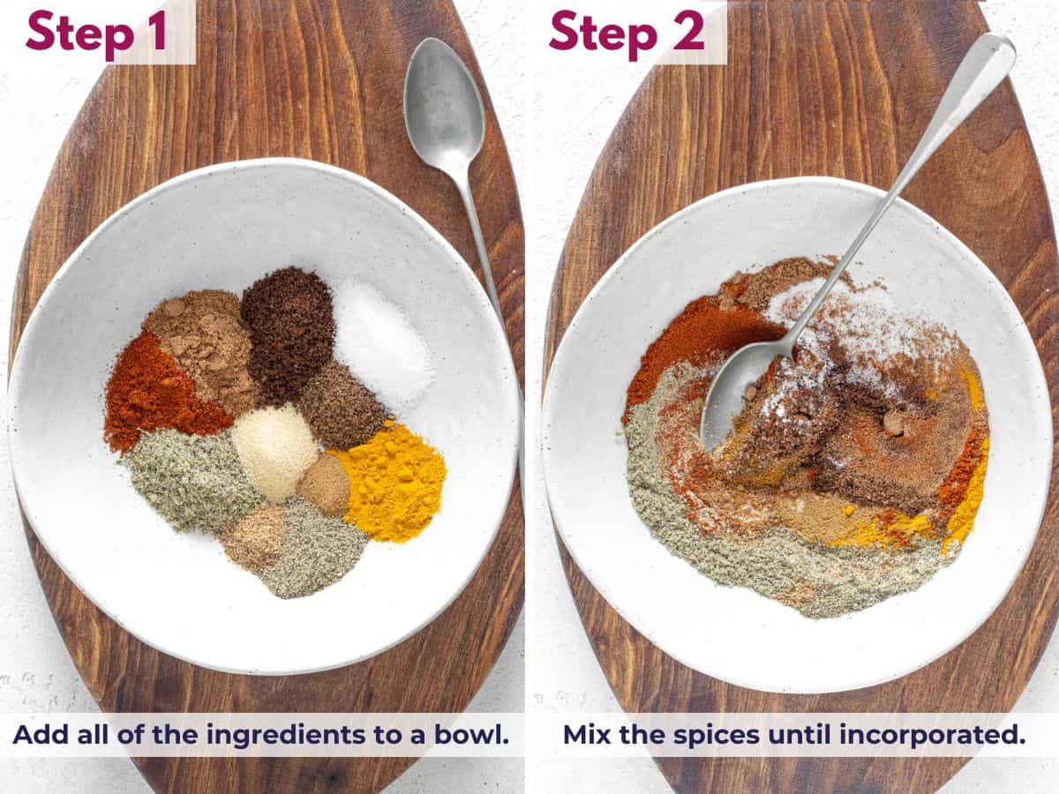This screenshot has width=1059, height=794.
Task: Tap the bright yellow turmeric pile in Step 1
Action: (x=391, y=481)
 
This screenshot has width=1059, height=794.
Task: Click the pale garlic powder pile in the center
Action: (x=274, y=450)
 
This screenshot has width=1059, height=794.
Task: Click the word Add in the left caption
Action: (x=36, y=735)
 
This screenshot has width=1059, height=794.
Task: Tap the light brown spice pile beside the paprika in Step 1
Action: (x=199, y=340)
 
